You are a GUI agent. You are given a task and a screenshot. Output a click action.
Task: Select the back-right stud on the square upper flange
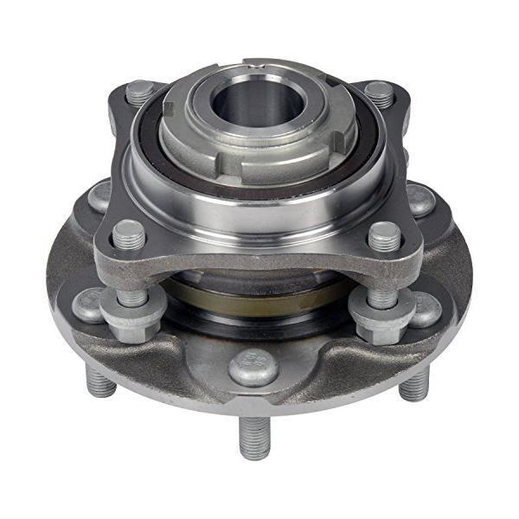click(x=379, y=92)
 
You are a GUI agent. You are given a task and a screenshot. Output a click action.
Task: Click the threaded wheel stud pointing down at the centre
click(x=253, y=436)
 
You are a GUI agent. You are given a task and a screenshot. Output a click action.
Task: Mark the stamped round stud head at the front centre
click(x=253, y=368)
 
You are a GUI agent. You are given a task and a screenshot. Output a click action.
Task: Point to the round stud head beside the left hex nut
click(x=87, y=304)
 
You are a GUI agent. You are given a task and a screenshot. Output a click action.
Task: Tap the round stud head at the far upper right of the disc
click(x=421, y=200)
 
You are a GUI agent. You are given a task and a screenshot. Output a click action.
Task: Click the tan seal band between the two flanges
click(x=259, y=294)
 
